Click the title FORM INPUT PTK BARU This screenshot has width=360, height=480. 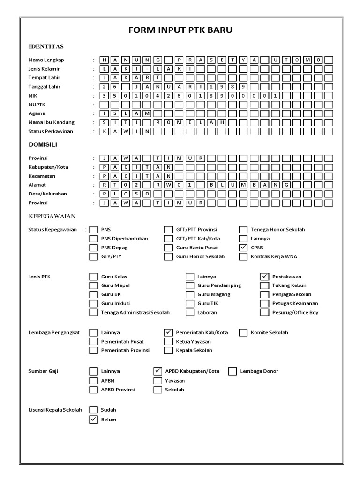180,30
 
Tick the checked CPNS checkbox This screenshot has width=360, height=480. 243,247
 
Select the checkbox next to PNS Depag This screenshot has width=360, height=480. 93,247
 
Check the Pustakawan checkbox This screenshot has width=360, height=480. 265,277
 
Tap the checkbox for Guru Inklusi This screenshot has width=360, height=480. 93,303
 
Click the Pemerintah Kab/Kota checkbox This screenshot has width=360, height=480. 168,332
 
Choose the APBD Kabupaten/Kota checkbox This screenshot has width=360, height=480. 158,371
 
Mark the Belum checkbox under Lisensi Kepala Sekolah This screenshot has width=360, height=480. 93,420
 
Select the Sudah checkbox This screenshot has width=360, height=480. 93,410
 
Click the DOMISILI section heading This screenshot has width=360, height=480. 45,145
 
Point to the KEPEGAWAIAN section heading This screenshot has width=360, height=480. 52,216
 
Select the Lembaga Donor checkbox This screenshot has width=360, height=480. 232,371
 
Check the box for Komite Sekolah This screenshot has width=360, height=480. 243,332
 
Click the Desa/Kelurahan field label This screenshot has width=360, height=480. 48,194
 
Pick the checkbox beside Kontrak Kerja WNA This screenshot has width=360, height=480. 243,256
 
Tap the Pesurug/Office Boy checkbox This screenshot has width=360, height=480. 265,312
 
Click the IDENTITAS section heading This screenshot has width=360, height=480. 46,46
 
